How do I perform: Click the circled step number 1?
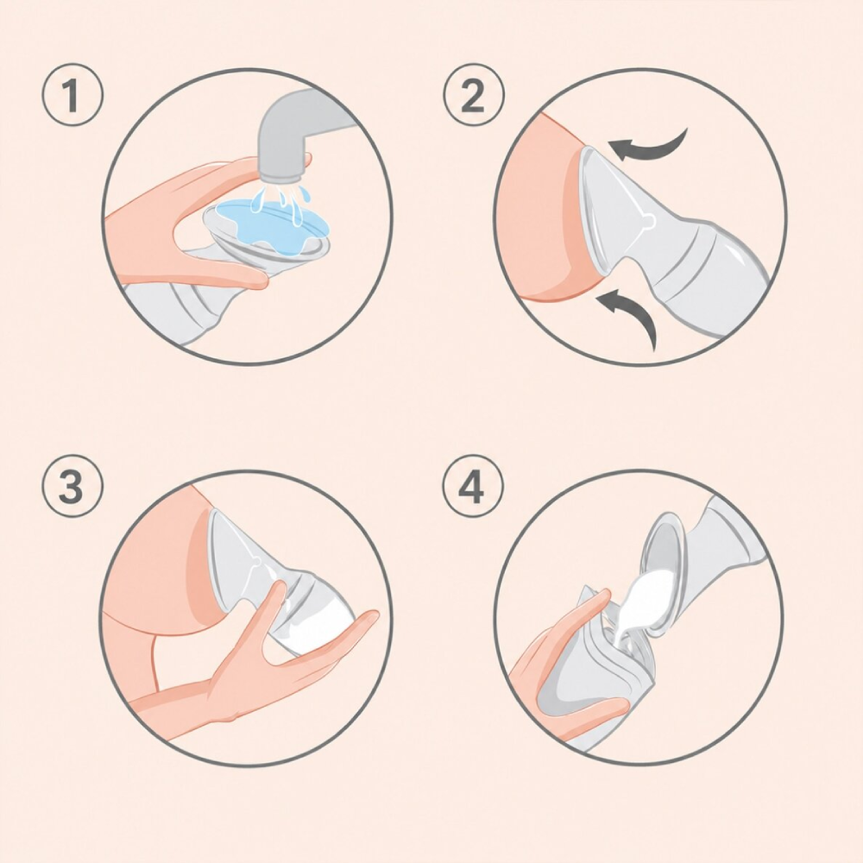[x=72, y=97]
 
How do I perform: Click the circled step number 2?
[x=473, y=97]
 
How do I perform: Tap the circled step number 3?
[x=72, y=486]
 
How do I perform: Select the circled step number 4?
[x=473, y=486]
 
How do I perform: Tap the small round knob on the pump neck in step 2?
[x=650, y=221]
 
